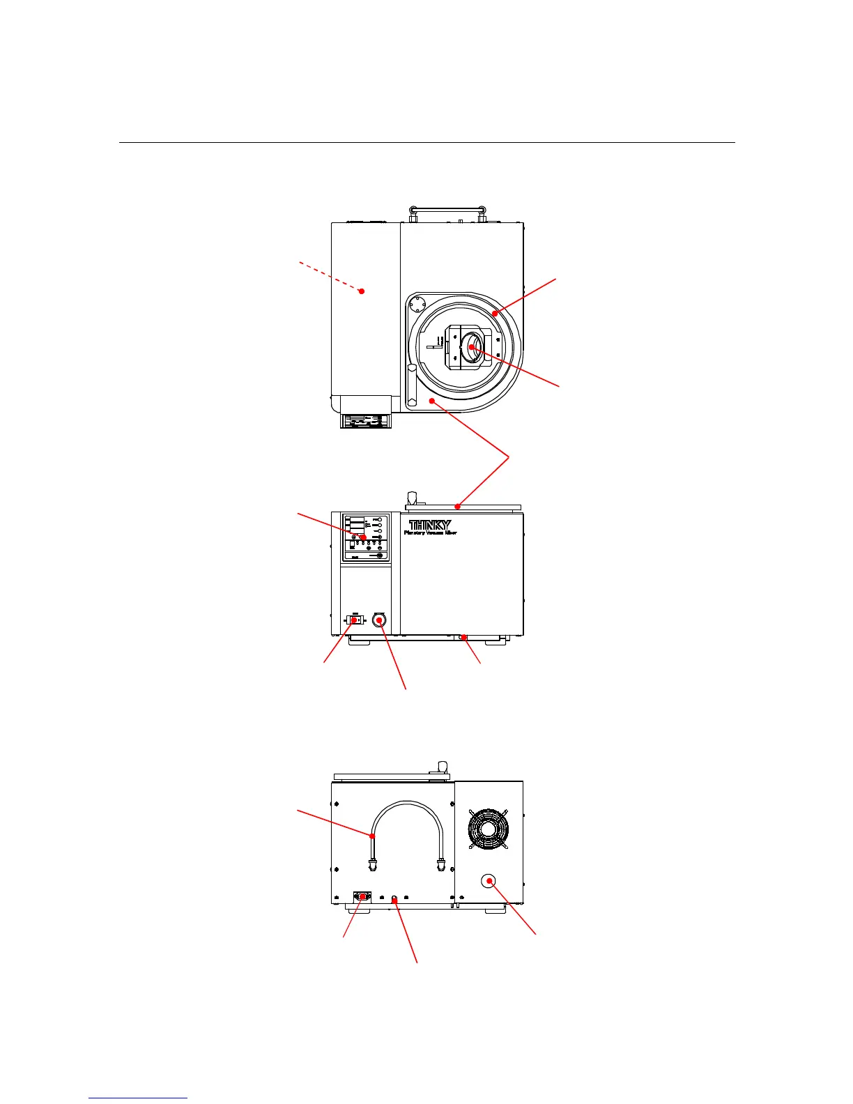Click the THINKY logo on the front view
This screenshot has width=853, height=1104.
(x=430, y=525)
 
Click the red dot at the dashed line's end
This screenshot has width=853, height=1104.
(x=362, y=291)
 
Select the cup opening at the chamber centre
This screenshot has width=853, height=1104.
(x=472, y=346)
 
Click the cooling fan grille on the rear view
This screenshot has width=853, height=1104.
(x=488, y=829)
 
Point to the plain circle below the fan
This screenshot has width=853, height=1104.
(x=490, y=881)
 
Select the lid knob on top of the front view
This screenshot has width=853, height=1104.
(x=412, y=498)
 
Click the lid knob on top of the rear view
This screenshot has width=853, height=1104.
(x=440, y=767)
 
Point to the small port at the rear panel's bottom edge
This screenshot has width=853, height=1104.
(x=394, y=900)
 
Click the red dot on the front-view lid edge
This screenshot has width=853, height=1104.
(x=457, y=506)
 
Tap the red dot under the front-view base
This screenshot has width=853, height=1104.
(x=463, y=637)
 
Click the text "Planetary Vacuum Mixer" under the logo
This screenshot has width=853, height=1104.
(x=431, y=532)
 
